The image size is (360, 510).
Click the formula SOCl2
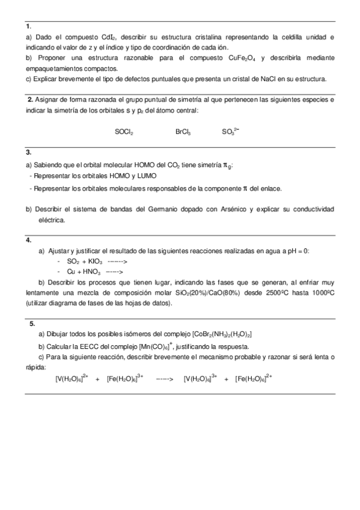[x=124, y=131]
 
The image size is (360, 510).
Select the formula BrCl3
[x=183, y=131]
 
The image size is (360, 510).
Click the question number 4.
[x=29, y=240]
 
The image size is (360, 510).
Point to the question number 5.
[x=32, y=323]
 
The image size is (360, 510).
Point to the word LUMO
[x=146, y=176]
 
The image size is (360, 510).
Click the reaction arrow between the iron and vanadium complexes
[x=164, y=379]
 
